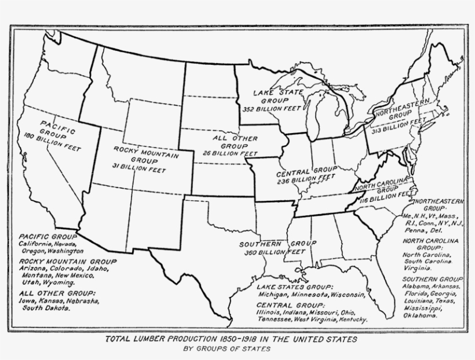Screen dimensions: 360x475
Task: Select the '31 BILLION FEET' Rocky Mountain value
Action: pos(138,168)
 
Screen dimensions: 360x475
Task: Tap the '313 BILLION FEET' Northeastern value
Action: pos(399,125)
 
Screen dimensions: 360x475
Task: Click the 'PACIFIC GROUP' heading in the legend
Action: pos(47,237)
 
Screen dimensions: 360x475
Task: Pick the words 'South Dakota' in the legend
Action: pos(46,308)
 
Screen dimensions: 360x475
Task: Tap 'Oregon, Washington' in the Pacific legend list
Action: pos(52,252)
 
